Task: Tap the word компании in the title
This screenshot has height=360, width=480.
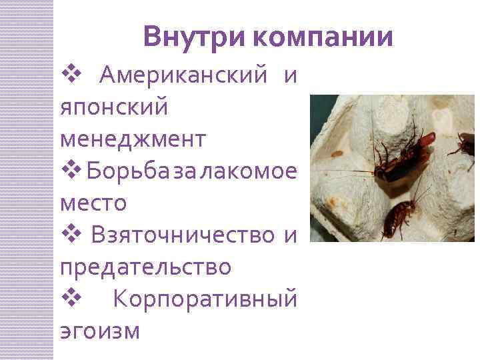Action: click(323, 37)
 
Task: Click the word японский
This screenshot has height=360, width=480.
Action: click(114, 109)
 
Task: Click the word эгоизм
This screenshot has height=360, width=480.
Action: click(100, 330)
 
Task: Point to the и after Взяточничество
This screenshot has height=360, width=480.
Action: click(290, 235)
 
